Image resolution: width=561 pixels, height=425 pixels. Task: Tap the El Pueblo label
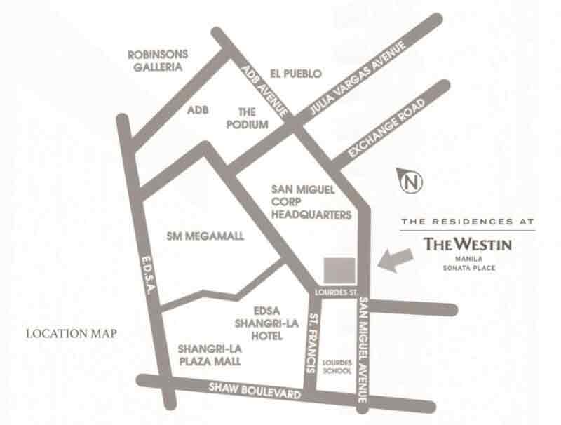[295, 73]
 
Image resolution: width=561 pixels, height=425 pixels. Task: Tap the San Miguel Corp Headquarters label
[310, 202]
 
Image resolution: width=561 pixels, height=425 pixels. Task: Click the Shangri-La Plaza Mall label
[209, 355]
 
